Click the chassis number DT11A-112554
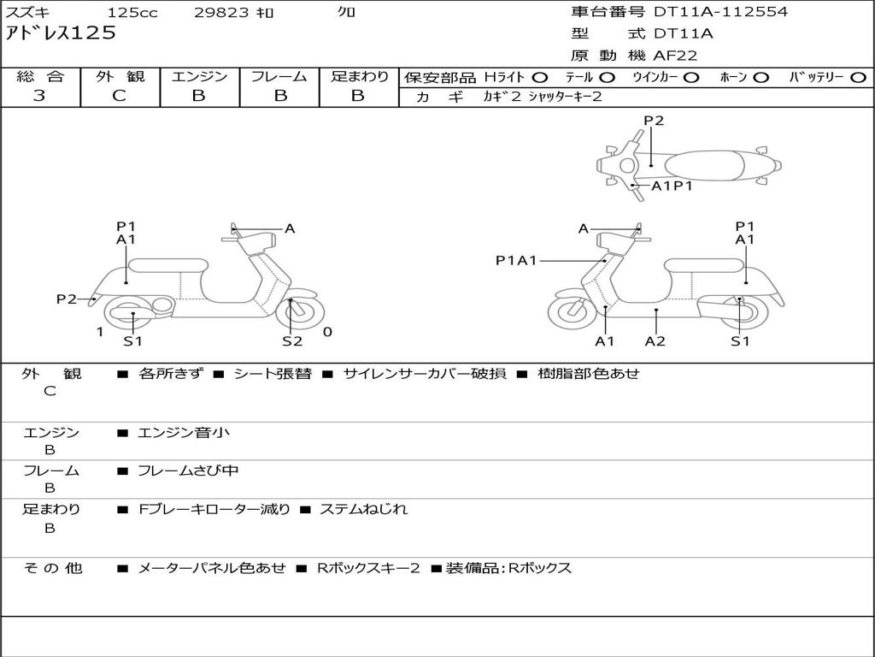[720, 12]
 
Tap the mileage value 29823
[223, 13]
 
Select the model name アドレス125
[61, 33]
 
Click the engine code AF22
[675, 56]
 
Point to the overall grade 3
[39, 96]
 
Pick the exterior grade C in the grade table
[120, 96]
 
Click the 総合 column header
[40, 77]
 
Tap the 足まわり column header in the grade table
[359, 77]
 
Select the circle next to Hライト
[540, 78]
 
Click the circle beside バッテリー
[858, 78]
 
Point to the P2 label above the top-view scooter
[654, 121]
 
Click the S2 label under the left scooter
[292, 341]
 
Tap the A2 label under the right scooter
[655, 341]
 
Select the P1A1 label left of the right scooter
[516, 260]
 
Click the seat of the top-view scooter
[711, 165]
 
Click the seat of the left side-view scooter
[167, 264]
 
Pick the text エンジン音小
[184, 433]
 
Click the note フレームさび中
[188, 471]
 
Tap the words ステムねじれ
[363, 509]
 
